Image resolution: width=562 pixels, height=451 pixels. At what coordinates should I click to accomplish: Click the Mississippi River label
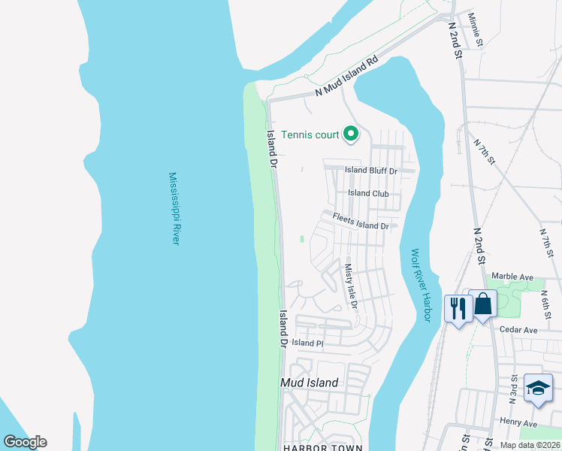pos(174,208)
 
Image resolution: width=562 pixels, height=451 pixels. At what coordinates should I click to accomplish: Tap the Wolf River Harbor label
pos(420,286)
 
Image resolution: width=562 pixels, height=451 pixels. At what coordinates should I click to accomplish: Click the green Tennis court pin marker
pos(350,135)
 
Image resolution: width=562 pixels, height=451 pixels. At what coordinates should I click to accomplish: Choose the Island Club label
pos(369,193)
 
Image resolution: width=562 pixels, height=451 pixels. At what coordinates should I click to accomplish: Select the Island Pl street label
pos(307,343)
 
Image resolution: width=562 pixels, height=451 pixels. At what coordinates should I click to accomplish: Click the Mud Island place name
pos(309,383)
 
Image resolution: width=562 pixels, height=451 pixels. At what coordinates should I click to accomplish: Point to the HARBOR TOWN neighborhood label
pos(323,447)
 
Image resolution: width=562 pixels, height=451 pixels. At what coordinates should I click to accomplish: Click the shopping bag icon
pos(483,304)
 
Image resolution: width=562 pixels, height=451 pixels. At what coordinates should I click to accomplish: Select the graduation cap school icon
pos(538,388)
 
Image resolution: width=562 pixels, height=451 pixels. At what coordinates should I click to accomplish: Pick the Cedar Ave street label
pos(520,330)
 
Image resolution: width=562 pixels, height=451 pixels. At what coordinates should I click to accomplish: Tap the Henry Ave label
pos(519,424)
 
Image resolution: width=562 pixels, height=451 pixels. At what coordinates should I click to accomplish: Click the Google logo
pos(25,442)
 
